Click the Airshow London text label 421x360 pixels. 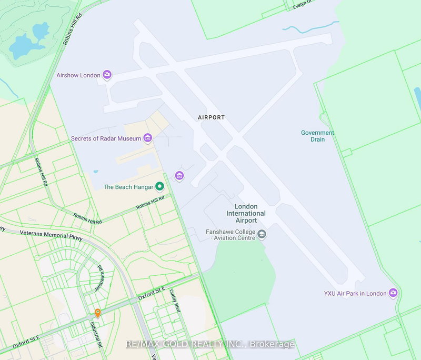[78, 75]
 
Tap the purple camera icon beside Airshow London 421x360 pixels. [107, 75]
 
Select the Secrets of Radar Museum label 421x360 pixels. [106, 138]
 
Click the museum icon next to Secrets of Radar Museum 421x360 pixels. [147, 138]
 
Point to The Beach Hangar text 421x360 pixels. [128, 187]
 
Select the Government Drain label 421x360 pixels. [317, 136]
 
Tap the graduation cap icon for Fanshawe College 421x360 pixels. [262, 235]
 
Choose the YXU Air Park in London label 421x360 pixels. [355, 293]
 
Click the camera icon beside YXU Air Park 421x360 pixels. [393, 293]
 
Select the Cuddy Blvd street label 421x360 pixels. [175, 302]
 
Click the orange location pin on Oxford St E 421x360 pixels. [97, 313]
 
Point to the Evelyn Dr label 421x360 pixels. [306, 5]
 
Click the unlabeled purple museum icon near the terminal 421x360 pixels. [179, 175]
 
